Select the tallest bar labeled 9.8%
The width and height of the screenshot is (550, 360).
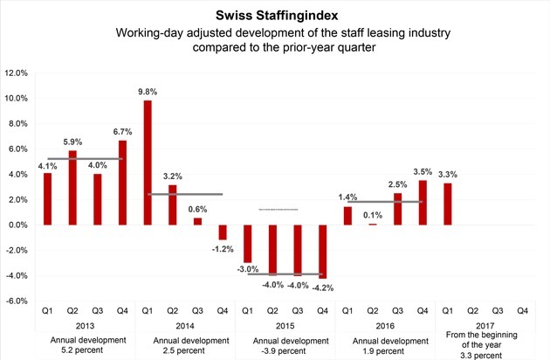click(147, 163)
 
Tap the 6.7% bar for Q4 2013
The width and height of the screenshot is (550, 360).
click(121, 183)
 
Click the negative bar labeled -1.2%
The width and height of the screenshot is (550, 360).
click(222, 232)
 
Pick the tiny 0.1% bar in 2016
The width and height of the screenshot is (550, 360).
click(372, 225)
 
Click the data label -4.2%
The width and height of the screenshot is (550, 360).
click(323, 287)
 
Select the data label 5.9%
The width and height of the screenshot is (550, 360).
click(71, 142)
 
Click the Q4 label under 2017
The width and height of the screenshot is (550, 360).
click(523, 310)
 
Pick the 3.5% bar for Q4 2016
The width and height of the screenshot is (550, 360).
click(423, 203)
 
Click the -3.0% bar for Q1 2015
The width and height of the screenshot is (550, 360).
click(247, 244)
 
